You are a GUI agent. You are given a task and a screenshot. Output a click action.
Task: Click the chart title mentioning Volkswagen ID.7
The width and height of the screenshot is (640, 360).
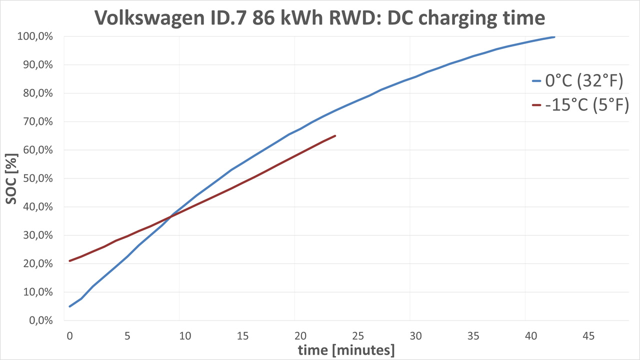(x=319, y=18)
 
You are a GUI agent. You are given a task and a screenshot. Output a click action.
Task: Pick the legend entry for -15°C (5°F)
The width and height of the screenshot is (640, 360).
(x=580, y=105)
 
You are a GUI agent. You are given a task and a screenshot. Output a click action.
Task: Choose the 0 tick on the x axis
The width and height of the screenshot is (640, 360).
(x=69, y=336)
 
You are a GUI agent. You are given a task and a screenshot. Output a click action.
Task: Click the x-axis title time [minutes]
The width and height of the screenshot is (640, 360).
(x=346, y=350)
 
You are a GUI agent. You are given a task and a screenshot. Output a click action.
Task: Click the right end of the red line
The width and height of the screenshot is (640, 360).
(x=335, y=135)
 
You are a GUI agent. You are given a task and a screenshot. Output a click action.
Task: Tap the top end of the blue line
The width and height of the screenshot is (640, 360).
(x=554, y=37)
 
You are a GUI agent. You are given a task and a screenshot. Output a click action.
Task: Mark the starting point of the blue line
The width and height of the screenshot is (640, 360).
(x=70, y=306)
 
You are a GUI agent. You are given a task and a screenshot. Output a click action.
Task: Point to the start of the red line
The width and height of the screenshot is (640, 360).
(x=70, y=261)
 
